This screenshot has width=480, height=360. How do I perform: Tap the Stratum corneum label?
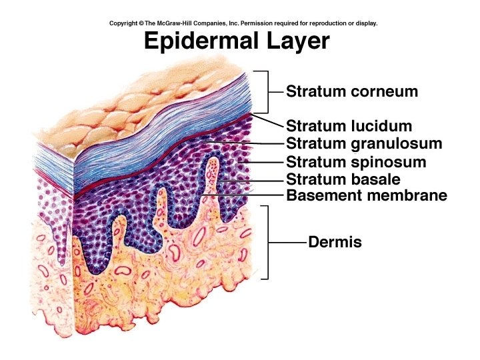coord(352,91)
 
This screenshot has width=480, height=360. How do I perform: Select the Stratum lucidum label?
coord(349,126)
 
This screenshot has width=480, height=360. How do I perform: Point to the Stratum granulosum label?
coord(364,143)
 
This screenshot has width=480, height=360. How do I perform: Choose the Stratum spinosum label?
coord(356,162)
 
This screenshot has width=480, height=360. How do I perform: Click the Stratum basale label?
coord(343,179)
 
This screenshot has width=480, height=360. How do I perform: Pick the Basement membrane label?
coord(366,195)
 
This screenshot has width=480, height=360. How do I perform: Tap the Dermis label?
coord(335,242)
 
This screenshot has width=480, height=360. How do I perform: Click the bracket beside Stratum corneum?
coord(267,91)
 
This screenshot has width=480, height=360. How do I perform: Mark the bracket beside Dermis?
coord(267,242)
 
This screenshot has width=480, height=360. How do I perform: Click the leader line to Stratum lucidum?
coord(268,122)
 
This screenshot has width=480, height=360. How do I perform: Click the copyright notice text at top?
coord(243,23)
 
